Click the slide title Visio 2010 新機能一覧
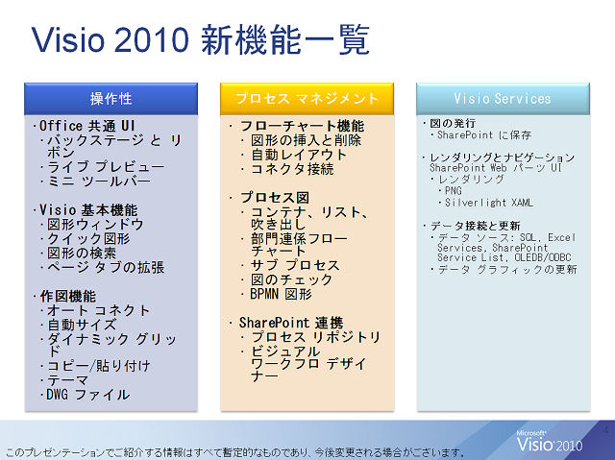[x=201, y=39]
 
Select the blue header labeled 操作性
[x=111, y=99]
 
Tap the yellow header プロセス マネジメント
[x=307, y=99]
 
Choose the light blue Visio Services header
[x=503, y=99]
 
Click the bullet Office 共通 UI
[x=87, y=126]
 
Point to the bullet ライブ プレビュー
[x=106, y=166]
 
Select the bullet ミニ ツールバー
[x=99, y=182]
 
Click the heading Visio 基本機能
[x=88, y=210]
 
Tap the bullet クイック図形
[x=88, y=238]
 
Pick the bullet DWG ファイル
[x=87, y=395]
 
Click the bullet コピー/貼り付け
[x=99, y=366]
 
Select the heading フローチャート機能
[x=302, y=126]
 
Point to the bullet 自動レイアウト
[x=299, y=155]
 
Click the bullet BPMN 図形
[x=281, y=294]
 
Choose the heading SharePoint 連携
[x=291, y=323]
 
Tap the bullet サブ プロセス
[x=295, y=265]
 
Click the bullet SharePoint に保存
[x=484, y=135]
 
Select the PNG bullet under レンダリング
[x=454, y=191]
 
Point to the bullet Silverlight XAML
[x=489, y=203]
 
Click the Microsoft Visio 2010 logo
[x=549, y=442]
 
